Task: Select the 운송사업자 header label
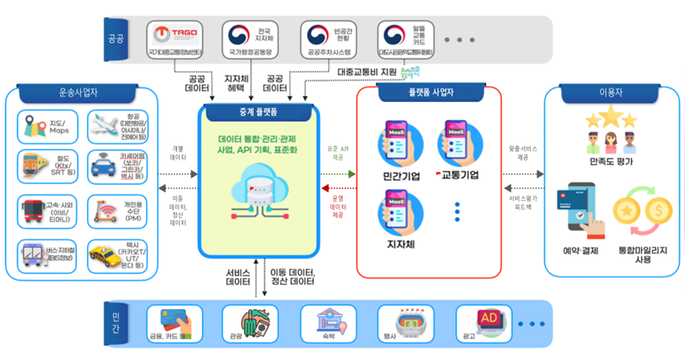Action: (78, 94)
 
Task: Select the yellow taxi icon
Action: (100, 255)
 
